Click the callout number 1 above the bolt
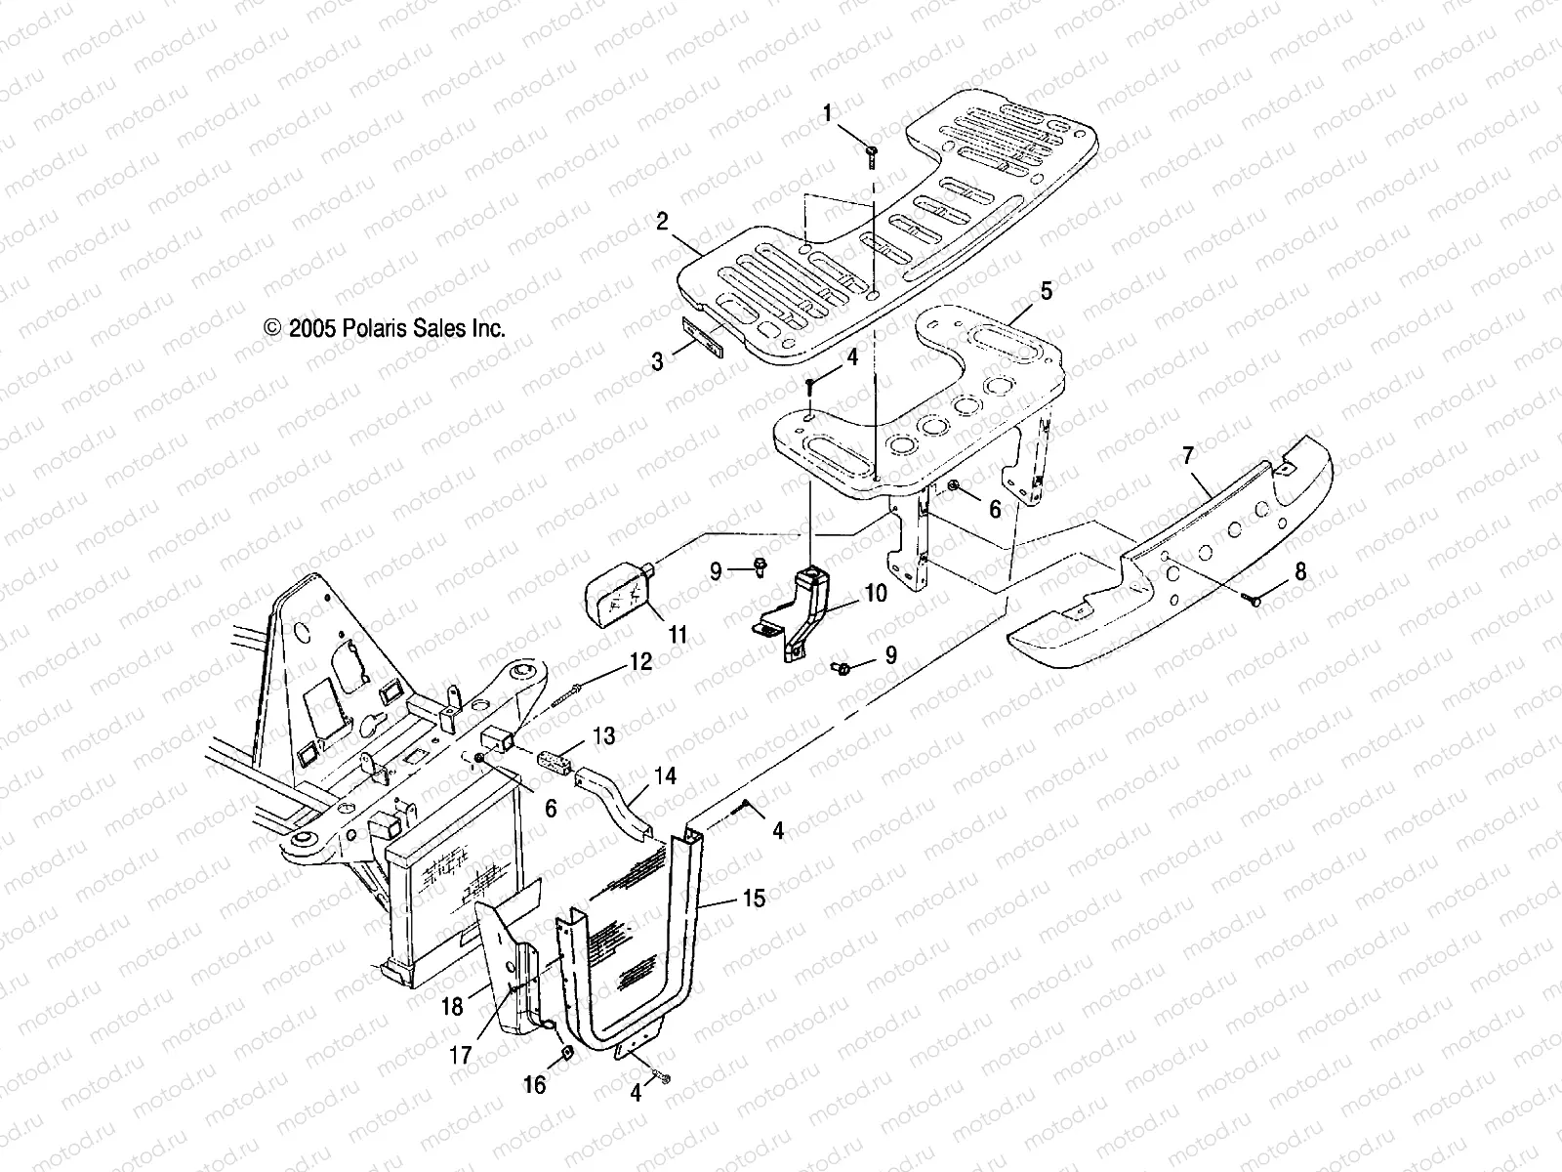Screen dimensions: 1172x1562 (828, 114)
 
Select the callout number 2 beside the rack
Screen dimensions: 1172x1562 (689, 222)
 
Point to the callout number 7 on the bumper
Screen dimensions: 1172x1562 (1187, 455)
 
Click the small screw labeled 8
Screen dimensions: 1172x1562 (1255, 602)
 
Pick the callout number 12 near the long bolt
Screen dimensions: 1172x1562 (640, 661)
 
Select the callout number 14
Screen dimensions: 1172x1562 (665, 777)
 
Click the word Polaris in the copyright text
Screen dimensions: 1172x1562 (368, 329)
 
